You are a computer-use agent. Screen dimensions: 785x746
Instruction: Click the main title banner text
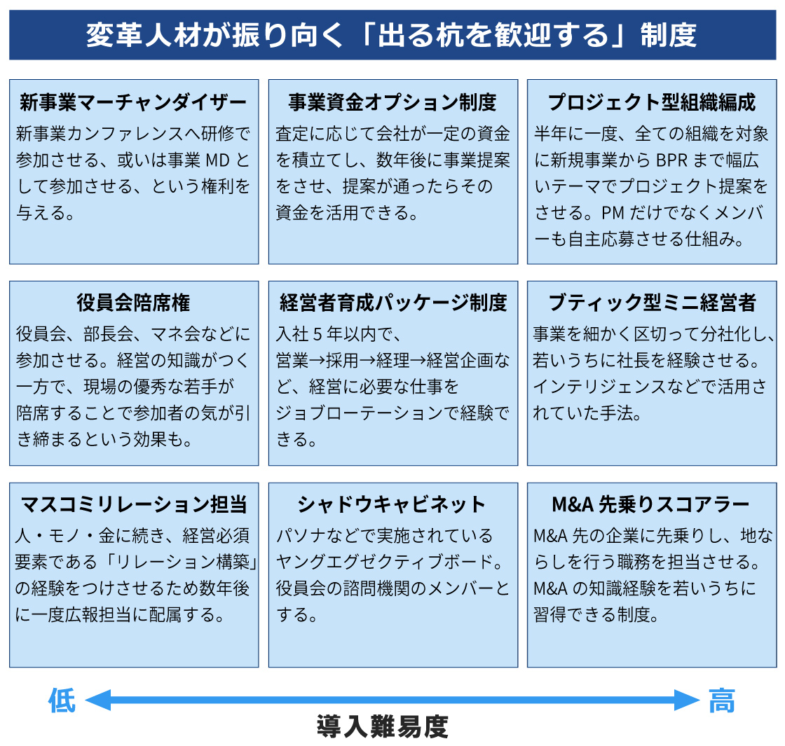391,35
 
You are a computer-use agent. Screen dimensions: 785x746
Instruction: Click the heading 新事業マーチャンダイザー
133,102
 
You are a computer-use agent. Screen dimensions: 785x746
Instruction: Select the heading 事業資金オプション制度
392,102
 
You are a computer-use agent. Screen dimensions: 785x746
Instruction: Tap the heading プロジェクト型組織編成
651,102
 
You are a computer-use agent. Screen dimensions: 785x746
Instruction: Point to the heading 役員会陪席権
133,303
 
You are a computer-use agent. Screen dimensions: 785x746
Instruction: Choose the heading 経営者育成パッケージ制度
393,303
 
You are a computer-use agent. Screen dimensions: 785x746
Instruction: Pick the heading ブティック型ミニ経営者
652,303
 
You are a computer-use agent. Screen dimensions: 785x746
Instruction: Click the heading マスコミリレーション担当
134,504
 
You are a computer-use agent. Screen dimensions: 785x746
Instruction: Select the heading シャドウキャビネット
392,504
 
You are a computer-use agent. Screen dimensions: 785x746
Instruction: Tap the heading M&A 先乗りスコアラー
651,504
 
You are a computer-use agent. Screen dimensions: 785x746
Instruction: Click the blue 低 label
62,700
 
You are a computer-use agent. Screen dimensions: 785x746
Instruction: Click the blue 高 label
722,700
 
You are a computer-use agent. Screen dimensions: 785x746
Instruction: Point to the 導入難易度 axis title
383,726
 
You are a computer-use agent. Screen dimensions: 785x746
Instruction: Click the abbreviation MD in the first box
217,160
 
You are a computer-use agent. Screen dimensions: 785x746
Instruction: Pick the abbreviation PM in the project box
613,213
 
